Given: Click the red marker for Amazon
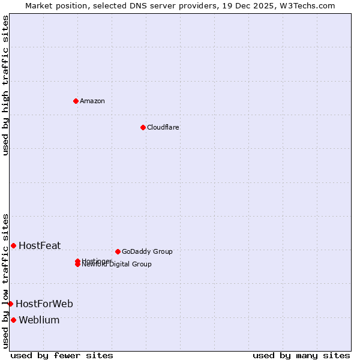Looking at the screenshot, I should pyautogui.click(x=76, y=101).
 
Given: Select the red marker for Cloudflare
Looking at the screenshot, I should pyautogui.click(x=143, y=127).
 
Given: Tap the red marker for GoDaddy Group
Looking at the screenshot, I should pyautogui.click(x=118, y=251).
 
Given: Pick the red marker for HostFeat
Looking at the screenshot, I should pyautogui.click(x=13, y=245).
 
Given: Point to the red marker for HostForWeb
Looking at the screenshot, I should pyautogui.click(x=10, y=304).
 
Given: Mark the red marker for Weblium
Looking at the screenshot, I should pyautogui.click(x=13, y=320).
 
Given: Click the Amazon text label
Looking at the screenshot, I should pyautogui.click(x=92, y=101).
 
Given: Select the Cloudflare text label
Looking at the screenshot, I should pyautogui.click(x=163, y=127).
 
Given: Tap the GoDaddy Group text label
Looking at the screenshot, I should pyautogui.click(x=147, y=251).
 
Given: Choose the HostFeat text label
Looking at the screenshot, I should pyautogui.click(x=40, y=245).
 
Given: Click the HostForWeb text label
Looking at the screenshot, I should pyautogui.click(x=44, y=304).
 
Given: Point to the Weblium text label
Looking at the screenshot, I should pyautogui.click(x=39, y=320).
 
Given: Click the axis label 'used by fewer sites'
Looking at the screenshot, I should pyautogui.click(x=62, y=355).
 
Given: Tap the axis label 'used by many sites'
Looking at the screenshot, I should pyautogui.click(x=301, y=355).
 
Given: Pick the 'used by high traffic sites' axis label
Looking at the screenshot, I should pyautogui.click(x=5, y=85).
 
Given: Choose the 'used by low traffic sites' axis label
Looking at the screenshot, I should pyautogui.click(x=5, y=280).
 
